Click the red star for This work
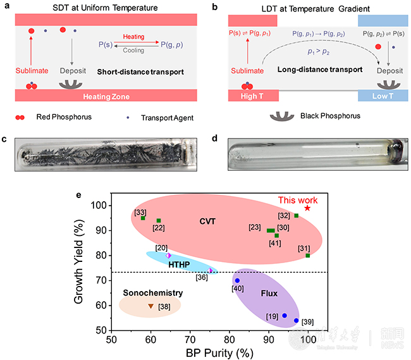(307, 208)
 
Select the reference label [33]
(140, 212)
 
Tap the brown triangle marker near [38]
(150, 306)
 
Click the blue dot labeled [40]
(237, 280)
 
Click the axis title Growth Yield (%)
(80, 267)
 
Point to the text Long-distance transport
(314, 72)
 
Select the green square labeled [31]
(308, 255)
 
